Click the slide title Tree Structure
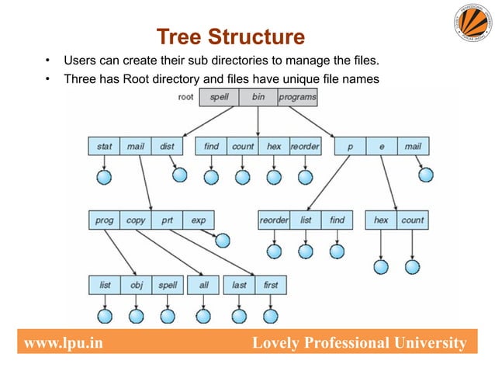[230, 37]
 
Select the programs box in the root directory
[296, 98]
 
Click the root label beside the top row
[185, 97]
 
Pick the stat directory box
[103, 145]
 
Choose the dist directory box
[166, 145]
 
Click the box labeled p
[349, 145]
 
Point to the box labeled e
[381, 145]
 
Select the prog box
[104, 220]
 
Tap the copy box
[136, 220]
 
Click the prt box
[167, 220]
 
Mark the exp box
[199, 220]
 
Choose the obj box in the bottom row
[136, 285]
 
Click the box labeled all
[203, 285]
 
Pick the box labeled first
[270, 285]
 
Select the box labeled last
[239, 285]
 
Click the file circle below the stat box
[103, 178]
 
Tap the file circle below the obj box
[136, 317]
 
